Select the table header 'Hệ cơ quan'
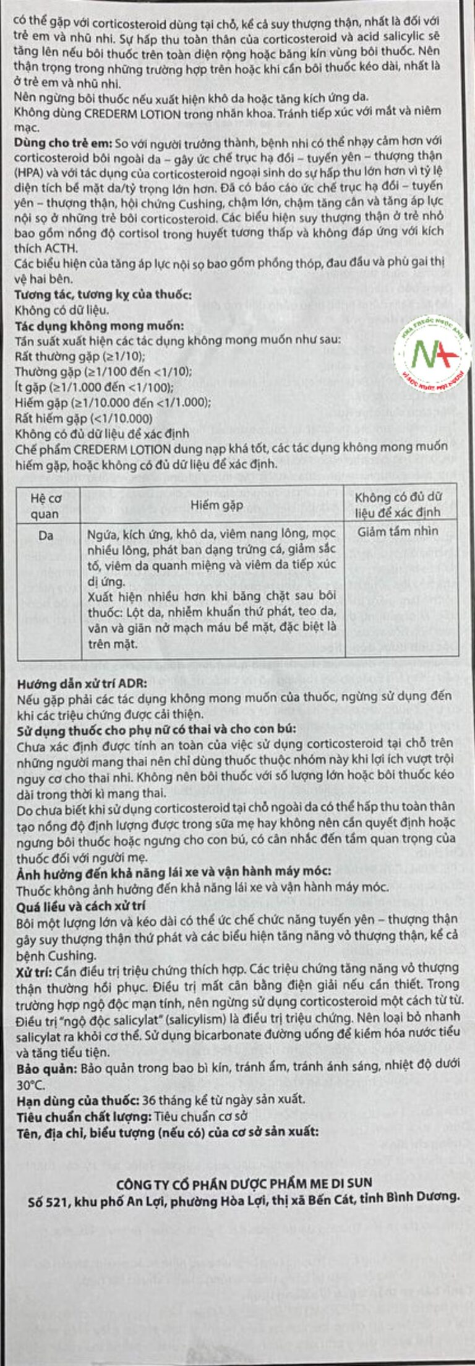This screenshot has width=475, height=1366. pyautogui.click(x=46, y=505)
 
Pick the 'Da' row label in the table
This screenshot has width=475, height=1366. pyautogui.click(x=46, y=535)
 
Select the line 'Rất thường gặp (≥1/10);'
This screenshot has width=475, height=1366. pyautogui.click(x=79, y=356)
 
